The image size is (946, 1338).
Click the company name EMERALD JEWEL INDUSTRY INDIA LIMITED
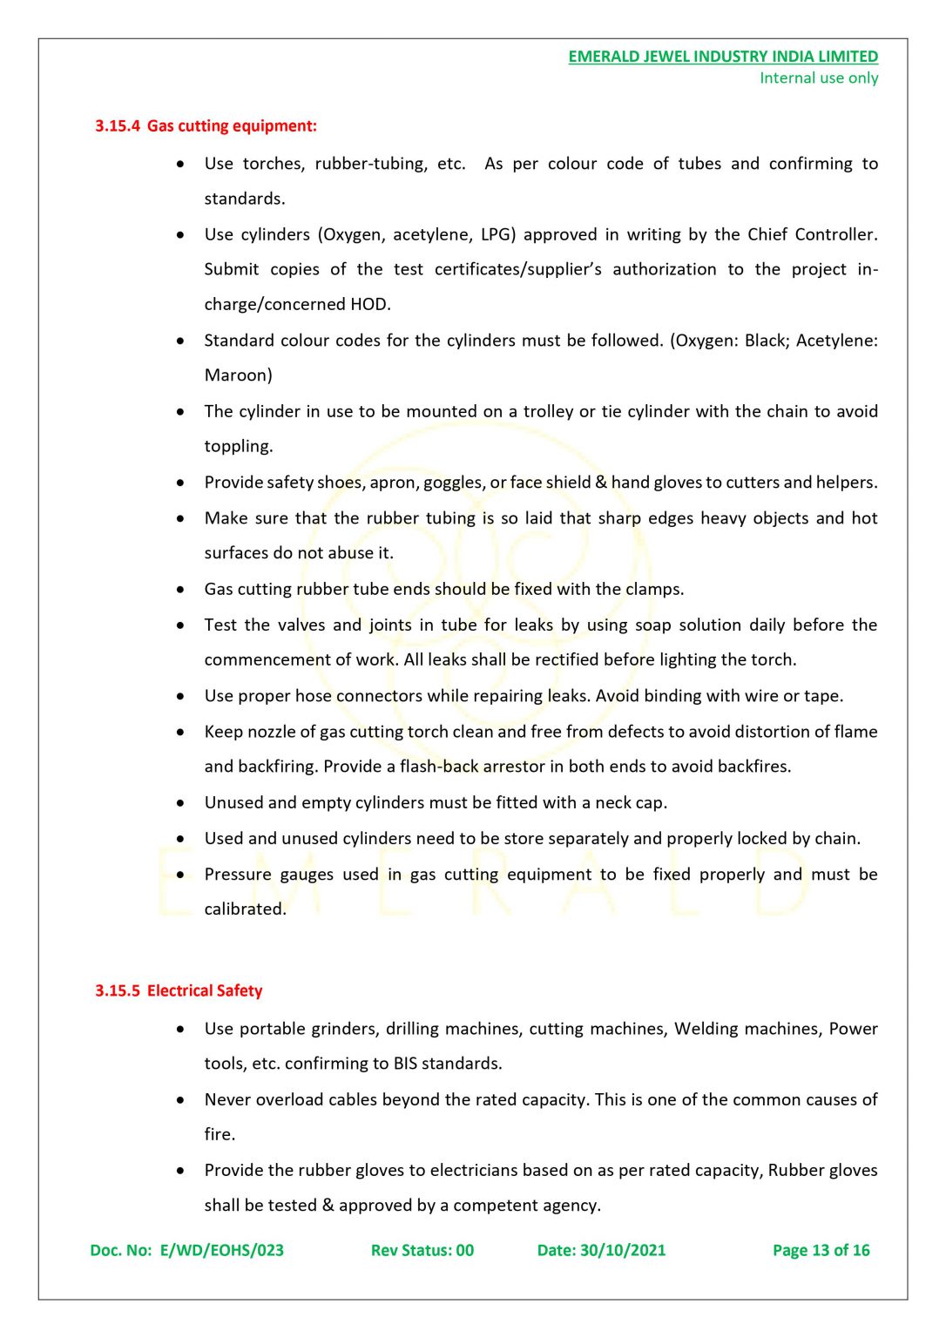tap(722, 57)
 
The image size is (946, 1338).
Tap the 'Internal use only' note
tap(818, 78)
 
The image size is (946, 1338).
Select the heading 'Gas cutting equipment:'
tap(232, 126)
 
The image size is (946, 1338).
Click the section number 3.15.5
tap(117, 991)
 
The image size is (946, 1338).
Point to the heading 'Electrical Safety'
tap(205, 991)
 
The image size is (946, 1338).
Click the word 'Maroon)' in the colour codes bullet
tap(238, 375)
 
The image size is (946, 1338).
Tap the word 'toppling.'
tap(239, 447)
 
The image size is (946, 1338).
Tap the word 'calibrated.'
tap(245, 909)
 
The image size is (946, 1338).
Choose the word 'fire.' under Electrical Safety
tap(220, 1135)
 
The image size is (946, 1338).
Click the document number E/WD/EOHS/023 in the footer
tap(221, 1251)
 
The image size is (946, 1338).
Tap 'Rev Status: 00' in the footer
tap(422, 1251)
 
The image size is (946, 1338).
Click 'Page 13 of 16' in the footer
tap(821, 1251)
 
